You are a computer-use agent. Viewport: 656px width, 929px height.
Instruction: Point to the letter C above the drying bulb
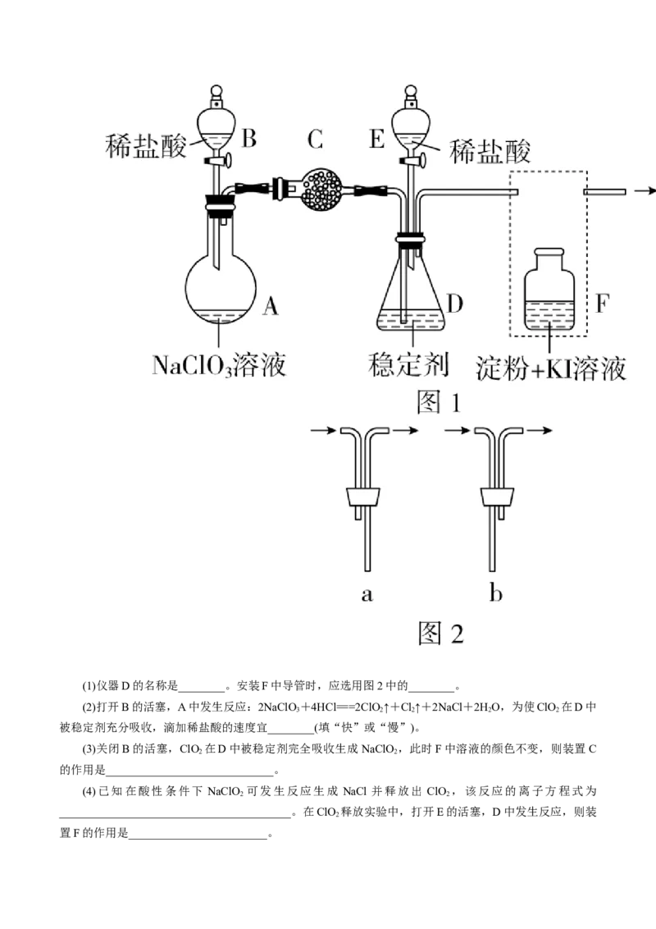[x=316, y=140]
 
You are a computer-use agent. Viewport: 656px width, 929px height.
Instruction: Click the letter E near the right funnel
[x=376, y=140]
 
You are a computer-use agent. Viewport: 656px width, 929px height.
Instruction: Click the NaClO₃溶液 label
[x=219, y=364]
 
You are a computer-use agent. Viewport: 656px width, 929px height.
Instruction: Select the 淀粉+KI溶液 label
[x=551, y=368]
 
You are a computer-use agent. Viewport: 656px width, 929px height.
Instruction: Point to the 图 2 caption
[x=440, y=633]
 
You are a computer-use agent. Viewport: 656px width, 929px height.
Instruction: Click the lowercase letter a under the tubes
[x=367, y=594]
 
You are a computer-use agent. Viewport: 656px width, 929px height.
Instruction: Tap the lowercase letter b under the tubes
[x=495, y=593]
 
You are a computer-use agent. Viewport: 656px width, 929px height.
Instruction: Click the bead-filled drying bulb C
[x=321, y=189]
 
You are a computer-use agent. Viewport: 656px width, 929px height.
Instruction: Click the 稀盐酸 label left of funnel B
[x=147, y=146]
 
